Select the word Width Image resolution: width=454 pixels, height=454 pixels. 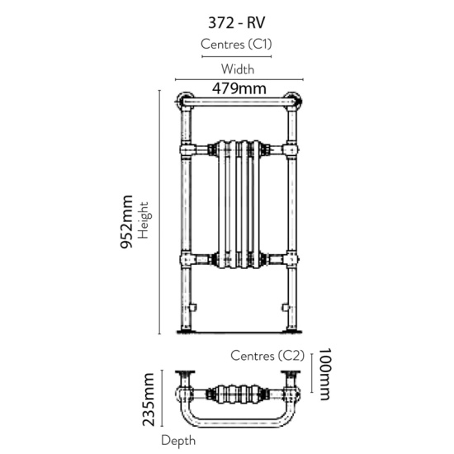237,70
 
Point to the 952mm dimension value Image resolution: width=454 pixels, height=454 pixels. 126,223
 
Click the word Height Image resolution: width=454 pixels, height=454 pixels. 144,220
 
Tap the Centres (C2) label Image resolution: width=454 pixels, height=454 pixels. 267,357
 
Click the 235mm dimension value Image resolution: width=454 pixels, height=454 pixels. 149,400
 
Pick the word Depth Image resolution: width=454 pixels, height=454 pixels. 177,441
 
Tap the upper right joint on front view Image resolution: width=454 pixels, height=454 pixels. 290,149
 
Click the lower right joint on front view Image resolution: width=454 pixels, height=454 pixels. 290,259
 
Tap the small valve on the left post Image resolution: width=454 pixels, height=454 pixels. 190,308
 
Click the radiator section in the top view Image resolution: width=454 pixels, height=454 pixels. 238,394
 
